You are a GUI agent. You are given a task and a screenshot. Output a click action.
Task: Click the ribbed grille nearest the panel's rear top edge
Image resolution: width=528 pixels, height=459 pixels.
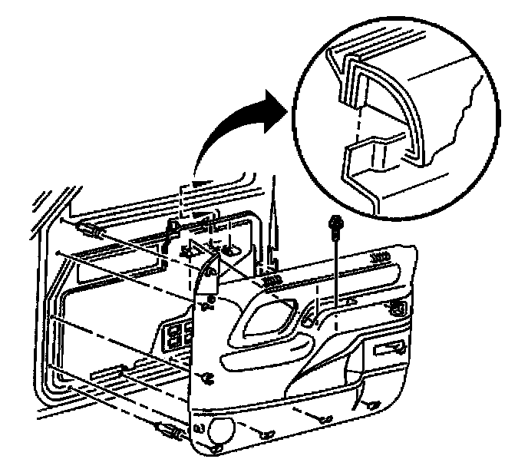pos(378,257)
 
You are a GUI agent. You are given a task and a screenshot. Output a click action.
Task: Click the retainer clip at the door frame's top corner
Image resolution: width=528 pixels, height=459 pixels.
pos(87,228)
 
